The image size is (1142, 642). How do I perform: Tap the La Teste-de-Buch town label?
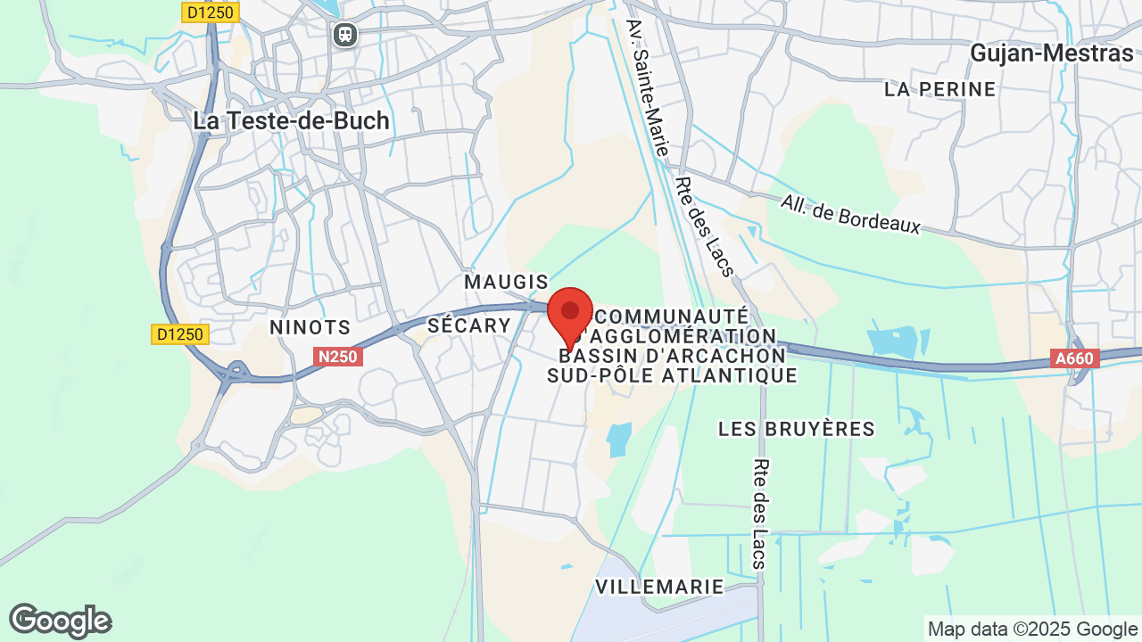click(x=291, y=121)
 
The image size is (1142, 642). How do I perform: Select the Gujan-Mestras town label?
click(x=1051, y=53)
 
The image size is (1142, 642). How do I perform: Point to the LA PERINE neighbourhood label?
click(x=939, y=89)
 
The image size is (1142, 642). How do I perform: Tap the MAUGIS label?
click(x=506, y=282)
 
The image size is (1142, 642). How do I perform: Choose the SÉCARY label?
click(x=468, y=325)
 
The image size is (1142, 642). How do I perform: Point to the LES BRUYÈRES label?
click(x=797, y=429)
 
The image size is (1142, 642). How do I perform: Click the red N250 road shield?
click(x=338, y=357)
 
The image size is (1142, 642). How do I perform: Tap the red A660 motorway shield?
click(x=1075, y=358)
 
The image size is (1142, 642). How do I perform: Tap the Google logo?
click(x=60, y=621)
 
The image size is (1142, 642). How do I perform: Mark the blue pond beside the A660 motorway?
click(x=892, y=342)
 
